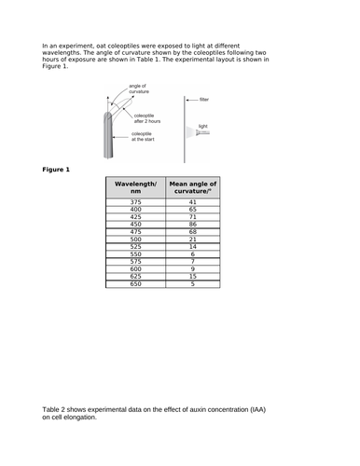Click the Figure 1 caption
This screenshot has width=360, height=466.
[x=57, y=169]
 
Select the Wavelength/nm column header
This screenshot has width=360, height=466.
[x=135, y=187]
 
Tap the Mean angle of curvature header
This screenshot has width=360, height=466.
[x=192, y=187]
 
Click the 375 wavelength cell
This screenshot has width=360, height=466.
[x=135, y=202]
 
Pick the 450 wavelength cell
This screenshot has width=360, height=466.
[x=135, y=225]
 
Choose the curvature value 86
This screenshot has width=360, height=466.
[x=192, y=225]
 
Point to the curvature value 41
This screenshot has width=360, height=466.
[x=192, y=202]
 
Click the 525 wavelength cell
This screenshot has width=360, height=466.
[x=135, y=247]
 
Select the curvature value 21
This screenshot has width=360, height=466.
[x=192, y=240]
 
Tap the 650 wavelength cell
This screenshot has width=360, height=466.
[x=135, y=283]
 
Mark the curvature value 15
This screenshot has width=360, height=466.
[x=192, y=276]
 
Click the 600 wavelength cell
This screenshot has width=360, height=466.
[x=135, y=268]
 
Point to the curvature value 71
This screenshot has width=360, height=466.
[x=192, y=217]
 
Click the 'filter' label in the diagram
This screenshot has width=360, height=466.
[x=204, y=98]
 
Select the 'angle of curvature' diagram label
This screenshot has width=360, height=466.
[x=139, y=89]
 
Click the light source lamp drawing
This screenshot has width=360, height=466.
[x=202, y=133]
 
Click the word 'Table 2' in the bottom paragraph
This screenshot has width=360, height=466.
[x=58, y=409]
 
